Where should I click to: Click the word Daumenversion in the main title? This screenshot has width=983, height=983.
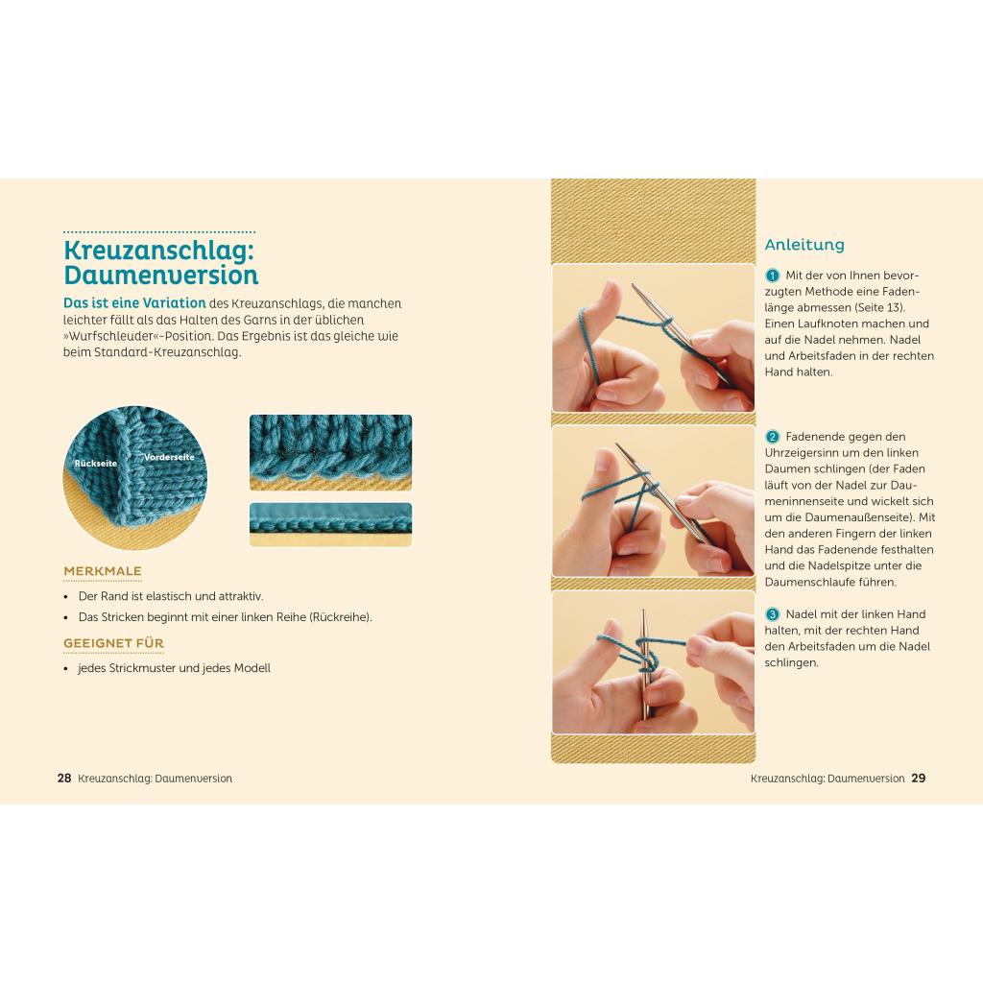161,276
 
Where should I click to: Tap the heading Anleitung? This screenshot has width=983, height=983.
804,245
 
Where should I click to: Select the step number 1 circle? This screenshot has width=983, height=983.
773,276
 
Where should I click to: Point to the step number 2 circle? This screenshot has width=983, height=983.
773,437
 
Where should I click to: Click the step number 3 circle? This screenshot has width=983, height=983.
773,614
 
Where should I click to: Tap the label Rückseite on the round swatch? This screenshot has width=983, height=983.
95,464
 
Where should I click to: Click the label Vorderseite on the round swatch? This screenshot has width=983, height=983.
169,457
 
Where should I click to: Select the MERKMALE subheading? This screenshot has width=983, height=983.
103,571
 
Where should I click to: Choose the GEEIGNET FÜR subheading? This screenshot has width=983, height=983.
113,643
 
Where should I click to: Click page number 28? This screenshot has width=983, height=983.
64,778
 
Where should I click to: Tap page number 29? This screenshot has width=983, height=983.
919,778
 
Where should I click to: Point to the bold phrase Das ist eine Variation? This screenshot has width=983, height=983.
134,302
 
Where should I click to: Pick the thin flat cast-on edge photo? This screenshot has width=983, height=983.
330,524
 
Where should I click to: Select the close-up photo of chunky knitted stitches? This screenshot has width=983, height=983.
330,452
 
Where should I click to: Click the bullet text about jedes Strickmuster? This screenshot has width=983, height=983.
175,668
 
